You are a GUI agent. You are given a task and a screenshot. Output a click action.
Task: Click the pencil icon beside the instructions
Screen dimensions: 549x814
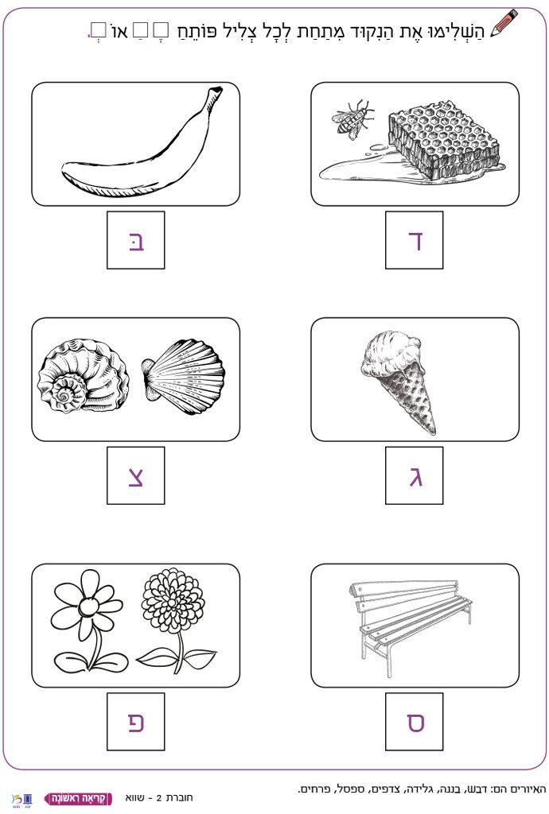[x=504, y=24]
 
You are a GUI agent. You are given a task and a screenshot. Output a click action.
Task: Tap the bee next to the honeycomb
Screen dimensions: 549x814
[x=352, y=119]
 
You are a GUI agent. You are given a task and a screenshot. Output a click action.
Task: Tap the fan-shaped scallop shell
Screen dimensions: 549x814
[x=183, y=370]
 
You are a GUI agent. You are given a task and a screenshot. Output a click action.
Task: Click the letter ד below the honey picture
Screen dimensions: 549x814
[x=415, y=241]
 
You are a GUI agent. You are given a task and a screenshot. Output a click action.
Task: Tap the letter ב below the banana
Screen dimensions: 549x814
[x=137, y=241]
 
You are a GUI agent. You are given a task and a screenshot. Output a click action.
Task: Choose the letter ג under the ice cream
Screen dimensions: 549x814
[x=415, y=476]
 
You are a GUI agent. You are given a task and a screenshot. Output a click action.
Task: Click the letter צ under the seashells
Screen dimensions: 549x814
[x=136, y=476]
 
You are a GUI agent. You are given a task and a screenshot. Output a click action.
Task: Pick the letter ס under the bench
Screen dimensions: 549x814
[x=415, y=722]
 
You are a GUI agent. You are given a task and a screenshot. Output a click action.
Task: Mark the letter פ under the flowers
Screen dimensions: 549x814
[x=136, y=722]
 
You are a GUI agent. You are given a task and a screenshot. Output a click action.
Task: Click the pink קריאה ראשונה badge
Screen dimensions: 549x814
[x=79, y=798]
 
